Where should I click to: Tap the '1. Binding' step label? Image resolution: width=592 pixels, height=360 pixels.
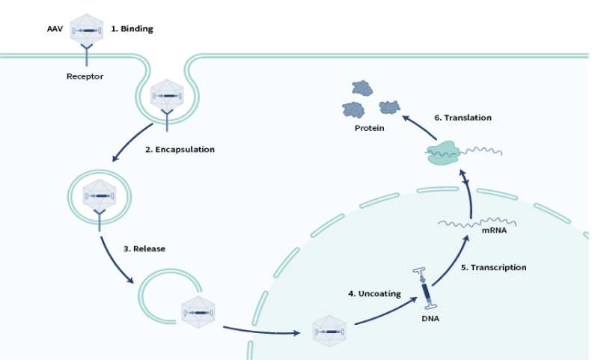pyautogui.click(x=132, y=29)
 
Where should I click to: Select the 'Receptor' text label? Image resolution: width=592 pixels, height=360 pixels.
pyautogui.click(x=85, y=76)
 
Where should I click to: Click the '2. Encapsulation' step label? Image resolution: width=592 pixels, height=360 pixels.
pyautogui.click(x=180, y=150)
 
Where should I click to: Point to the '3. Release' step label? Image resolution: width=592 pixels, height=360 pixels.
pyautogui.click(x=144, y=248)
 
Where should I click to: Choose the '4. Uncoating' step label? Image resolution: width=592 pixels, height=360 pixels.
pyautogui.click(x=372, y=293)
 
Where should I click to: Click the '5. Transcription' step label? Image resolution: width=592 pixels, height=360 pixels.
pyautogui.click(x=492, y=267)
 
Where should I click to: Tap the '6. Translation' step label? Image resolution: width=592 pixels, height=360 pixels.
pyautogui.click(x=463, y=118)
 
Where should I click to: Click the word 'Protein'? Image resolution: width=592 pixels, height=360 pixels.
pyautogui.click(x=369, y=128)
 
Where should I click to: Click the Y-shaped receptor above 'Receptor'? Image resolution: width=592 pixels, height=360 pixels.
pyautogui.click(x=85, y=54)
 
